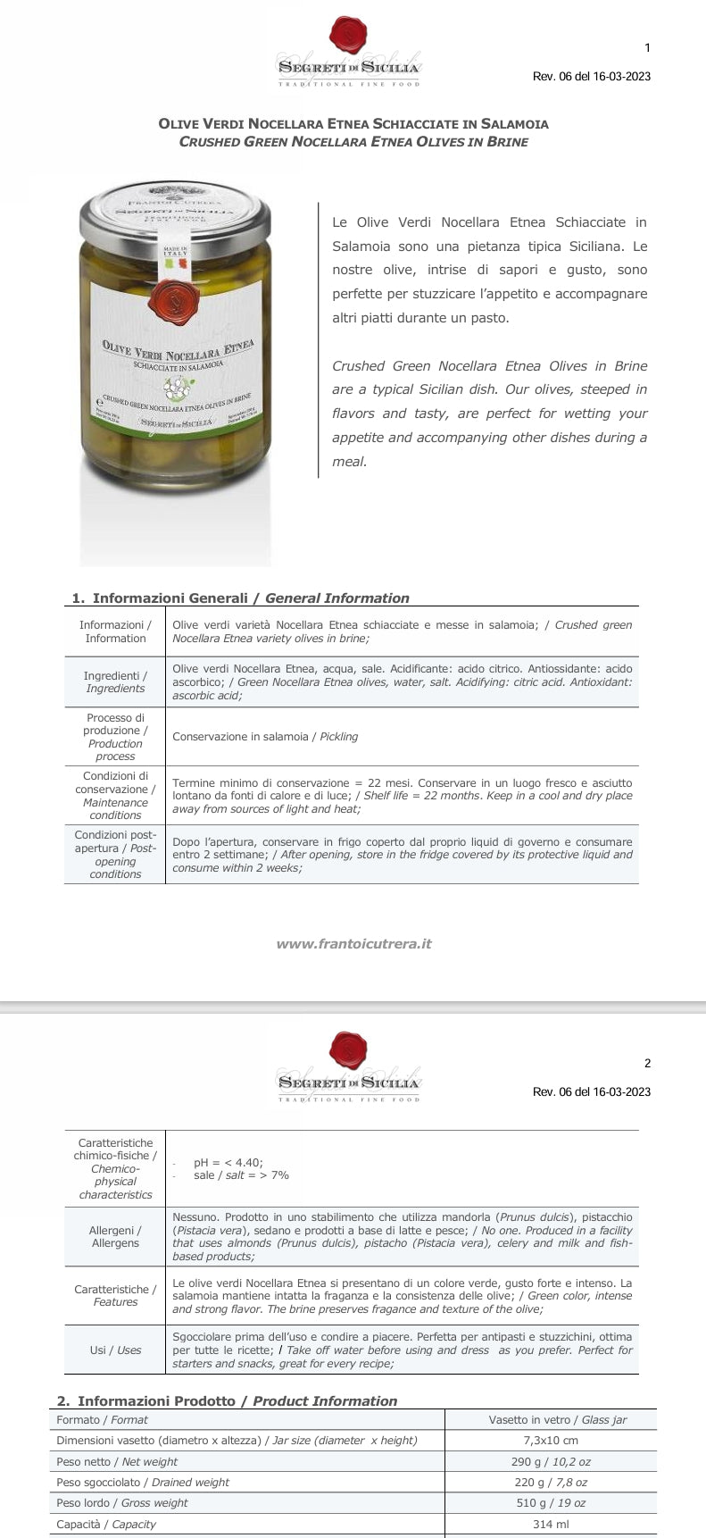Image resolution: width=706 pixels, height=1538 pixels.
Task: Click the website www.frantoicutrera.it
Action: tap(353, 943)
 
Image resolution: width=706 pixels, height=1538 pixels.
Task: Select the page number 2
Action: tap(647, 1063)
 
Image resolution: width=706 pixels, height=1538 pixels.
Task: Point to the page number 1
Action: tap(647, 48)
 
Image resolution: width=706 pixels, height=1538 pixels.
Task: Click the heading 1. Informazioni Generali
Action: tap(241, 598)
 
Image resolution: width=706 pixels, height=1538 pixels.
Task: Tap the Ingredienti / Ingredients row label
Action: tap(115, 681)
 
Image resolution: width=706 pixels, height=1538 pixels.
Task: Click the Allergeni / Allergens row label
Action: tap(115, 1236)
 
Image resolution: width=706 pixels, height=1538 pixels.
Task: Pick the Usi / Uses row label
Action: tap(115, 1350)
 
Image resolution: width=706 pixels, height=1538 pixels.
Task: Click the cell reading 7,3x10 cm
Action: tap(550, 1440)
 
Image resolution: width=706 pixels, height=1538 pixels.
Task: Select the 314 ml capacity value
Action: tap(550, 1524)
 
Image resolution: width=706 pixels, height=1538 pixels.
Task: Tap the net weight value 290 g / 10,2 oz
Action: tap(550, 1461)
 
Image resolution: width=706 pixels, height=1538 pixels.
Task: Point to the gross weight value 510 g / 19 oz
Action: tap(550, 1502)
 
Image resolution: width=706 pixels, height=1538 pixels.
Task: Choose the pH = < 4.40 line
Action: tap(228, 1162)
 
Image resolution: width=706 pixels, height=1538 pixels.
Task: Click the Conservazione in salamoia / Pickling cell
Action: tap(265, 737)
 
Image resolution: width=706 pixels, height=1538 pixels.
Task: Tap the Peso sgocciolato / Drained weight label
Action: tap(143, 1482)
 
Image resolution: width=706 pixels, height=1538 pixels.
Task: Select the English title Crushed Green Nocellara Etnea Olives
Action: tap(353, 142)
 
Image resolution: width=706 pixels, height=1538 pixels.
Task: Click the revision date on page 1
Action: tap(591, 77)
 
